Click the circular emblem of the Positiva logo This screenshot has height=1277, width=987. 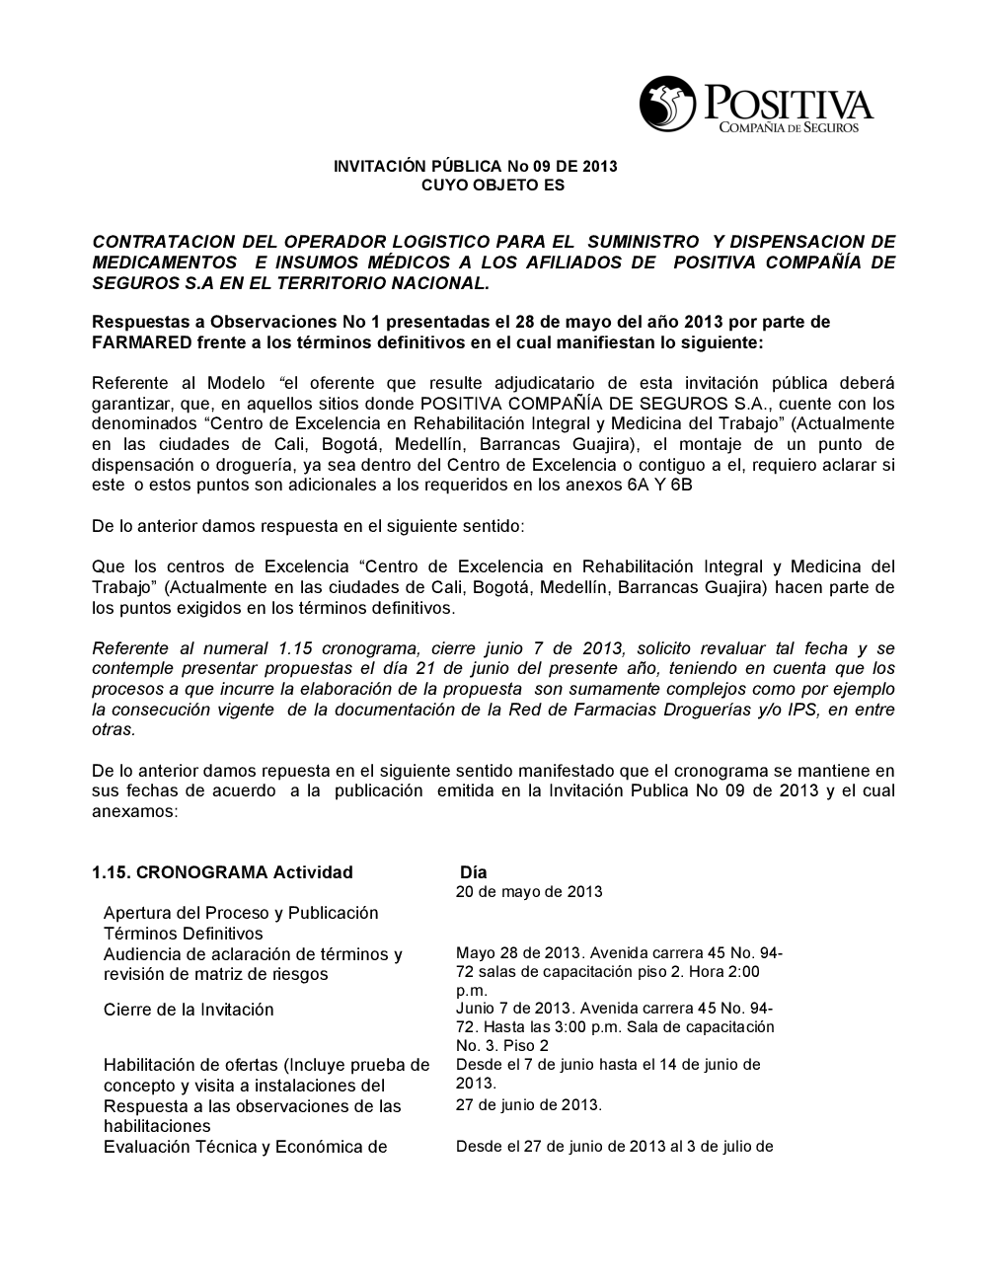click(x=668, y=103)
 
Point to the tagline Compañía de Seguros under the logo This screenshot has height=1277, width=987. click(x=790, y=128)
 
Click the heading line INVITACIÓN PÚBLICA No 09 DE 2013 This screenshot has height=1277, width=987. click(x=475, y=166)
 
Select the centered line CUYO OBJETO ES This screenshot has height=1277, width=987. click(x=475, y=185)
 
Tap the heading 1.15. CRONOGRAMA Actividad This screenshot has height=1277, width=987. click(x=222, y=872)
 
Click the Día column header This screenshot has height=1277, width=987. click(x=474, y=872)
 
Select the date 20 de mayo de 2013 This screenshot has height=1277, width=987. click(x=529, y=892)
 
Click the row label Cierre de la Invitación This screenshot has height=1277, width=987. click(x=189, y=1010)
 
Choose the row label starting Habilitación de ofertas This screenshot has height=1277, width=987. click(x=266, y=1065)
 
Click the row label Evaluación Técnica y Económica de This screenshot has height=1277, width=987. click(x=245, y=1147)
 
